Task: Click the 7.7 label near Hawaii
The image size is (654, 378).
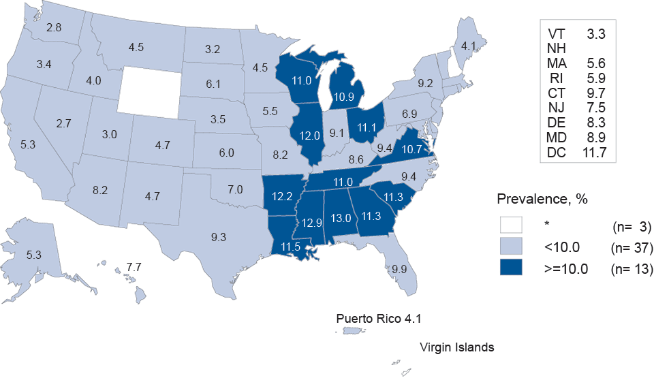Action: pos(133,264)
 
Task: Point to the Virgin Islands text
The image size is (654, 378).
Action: pos(456,347)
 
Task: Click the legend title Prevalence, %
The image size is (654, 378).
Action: pos(542,200)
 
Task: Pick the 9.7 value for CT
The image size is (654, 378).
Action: pos(595,93)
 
